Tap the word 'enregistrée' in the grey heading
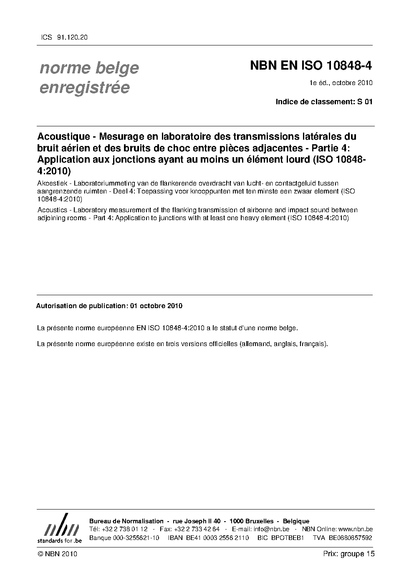(85, 88)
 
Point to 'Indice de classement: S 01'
(324, 101)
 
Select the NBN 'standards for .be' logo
(60, 528)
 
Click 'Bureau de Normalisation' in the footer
(126, 521)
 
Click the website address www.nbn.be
(355, 529)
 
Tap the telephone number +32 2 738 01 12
(124, 529)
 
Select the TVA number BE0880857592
(350, 538)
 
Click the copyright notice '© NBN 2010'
(57, 554)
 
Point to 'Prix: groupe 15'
(348, 554)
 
